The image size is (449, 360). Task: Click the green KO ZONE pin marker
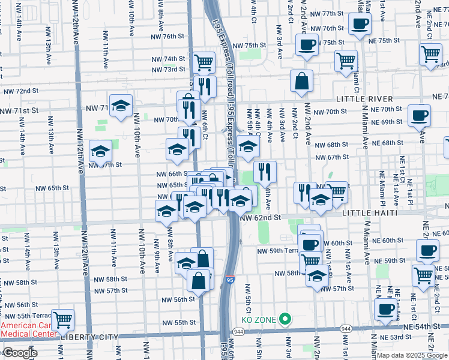click(286, 320)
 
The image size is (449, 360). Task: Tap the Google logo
click(20, 353)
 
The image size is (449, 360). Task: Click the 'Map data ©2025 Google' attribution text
click(411, 355)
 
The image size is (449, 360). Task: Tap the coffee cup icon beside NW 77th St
click(360, 24)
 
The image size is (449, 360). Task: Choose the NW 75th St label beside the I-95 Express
click(249, 45)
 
